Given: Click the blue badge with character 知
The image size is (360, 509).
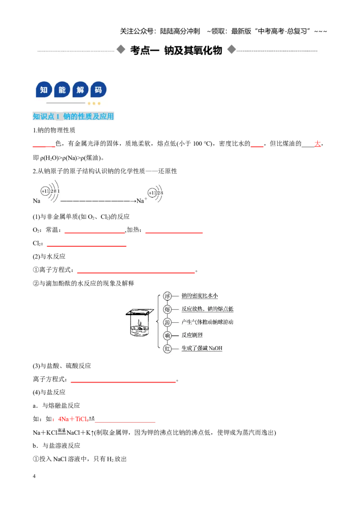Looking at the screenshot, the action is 44,89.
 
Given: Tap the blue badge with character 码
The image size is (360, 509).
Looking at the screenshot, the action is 99,89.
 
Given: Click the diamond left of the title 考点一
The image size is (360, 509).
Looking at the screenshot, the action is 121,49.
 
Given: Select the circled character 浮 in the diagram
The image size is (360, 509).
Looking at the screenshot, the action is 167,296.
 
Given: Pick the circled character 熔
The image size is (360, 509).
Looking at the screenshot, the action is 167,309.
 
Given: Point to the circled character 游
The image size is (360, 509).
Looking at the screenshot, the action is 167,322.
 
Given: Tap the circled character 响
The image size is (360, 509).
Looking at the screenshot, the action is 167,335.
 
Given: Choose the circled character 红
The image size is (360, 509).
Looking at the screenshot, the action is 167,348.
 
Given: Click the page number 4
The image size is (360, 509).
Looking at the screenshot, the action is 34,476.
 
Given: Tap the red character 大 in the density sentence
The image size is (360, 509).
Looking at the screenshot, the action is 317,143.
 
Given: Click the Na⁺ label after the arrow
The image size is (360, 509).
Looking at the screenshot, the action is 142,201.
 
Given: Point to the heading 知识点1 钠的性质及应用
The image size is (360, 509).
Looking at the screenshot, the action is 73,116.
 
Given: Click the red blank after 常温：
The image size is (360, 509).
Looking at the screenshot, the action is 95,232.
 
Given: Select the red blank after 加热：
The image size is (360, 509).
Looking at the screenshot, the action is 174,232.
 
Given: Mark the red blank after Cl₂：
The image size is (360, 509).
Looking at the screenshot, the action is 86,246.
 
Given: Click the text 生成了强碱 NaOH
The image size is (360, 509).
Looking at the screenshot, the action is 202,348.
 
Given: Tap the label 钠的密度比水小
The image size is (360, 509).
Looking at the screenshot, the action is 199,295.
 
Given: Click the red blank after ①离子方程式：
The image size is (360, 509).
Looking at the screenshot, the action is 136,272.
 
